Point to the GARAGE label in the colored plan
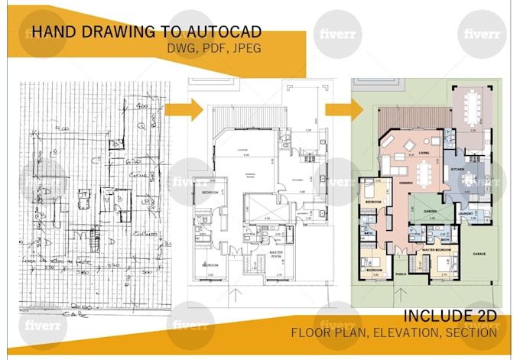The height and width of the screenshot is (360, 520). point(480,253)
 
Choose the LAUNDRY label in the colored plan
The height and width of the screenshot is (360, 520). point(468,213)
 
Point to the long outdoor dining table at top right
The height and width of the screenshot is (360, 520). point(473,105)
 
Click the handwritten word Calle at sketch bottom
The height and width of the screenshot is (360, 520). point(75,314)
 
